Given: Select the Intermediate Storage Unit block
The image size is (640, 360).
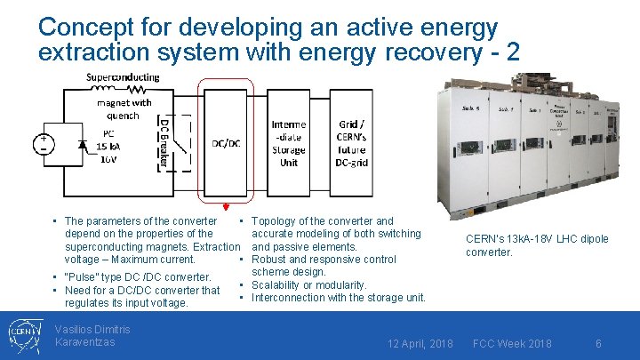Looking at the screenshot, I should pyautogui.click(x=289, y=143).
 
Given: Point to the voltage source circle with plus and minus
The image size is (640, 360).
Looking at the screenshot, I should pyautogui.click(x=43, y=144).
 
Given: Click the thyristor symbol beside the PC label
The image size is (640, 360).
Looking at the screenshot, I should pyautogui.click(x=84, y=144).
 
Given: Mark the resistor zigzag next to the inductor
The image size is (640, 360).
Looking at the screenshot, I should pyautogui.click(x=137, y=89).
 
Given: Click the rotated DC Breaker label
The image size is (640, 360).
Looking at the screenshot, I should pyautogui.click(x=164, y=142).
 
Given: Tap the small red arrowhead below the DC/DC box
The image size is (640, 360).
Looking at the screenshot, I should pyautogui.click(x=226, y=206).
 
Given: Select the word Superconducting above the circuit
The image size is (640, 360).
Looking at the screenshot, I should pyautogui.click(x=123, y=77).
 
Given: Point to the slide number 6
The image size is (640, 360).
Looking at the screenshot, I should pyautogui.click(x=599, y=343).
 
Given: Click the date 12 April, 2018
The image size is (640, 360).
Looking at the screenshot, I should pyautogui.click(x=421, y=343).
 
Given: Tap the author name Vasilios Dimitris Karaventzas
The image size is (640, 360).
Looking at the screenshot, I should pyautogui.click(x=92, y=336).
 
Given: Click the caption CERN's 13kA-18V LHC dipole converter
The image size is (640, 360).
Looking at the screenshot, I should pyautogui.click(x=537, y=245).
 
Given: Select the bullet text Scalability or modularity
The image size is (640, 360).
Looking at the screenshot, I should pyautogui.click(x=309, y=284).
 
